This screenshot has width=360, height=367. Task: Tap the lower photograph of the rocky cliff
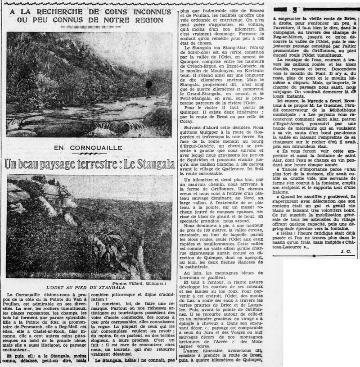89,227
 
